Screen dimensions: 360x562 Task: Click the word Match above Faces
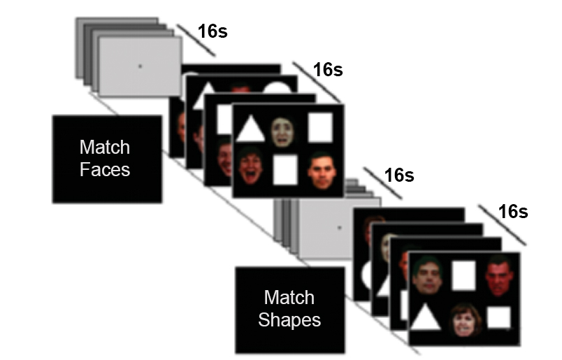tap(105, 147)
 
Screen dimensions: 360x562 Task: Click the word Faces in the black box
tap(105, 168)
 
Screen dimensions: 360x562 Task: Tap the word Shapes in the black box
tap(289, 320)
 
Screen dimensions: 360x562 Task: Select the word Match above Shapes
tap(289, 298)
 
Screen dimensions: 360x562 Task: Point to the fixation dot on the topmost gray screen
tap(140, 66)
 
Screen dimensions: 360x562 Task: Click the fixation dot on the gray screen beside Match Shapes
tap(339, 228)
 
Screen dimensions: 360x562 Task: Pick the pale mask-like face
tap(282, 131)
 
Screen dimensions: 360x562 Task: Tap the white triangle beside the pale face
tap(250, 129)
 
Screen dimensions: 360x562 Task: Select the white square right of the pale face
tap(320, 127)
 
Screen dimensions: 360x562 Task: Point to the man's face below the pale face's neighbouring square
tap(322, 170)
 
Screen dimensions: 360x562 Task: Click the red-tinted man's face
tap(498, 275)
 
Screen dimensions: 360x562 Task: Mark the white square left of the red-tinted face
tap(463, 275)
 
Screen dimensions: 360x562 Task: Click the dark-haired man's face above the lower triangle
tap(427, 275)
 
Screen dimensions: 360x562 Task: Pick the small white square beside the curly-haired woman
tap(499, 317)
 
